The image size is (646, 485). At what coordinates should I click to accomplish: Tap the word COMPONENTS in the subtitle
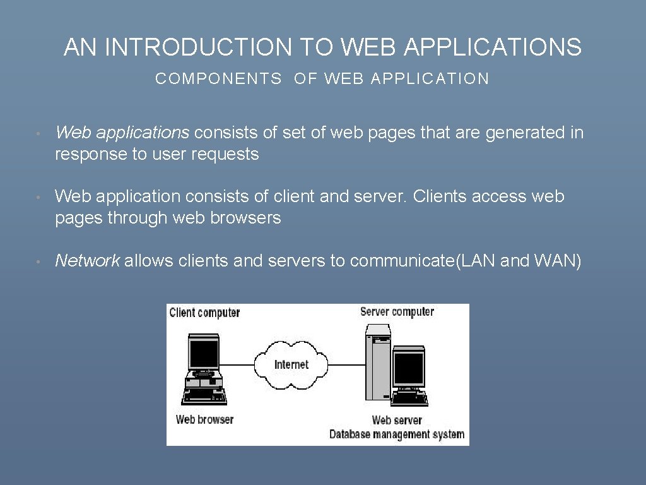[218, 79]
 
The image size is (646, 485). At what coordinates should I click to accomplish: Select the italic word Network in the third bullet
[87, 260]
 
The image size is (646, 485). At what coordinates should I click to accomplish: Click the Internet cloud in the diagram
[291, 365]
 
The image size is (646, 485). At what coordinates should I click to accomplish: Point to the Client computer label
[204, 313]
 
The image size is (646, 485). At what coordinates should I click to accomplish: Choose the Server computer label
[397, 311]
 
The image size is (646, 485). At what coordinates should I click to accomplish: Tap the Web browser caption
[204, 419]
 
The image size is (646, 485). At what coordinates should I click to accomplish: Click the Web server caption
[397, 420]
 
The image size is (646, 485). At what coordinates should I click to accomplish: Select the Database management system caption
[397, 434]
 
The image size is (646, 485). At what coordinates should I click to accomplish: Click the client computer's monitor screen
[203, 354]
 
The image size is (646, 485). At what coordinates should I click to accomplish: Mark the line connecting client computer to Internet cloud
[237, 364]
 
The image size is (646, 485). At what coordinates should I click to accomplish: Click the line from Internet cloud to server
[347, 364]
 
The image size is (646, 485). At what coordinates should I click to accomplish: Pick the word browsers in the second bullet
[248, 219]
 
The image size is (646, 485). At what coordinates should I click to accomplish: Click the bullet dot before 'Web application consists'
[38, 198]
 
